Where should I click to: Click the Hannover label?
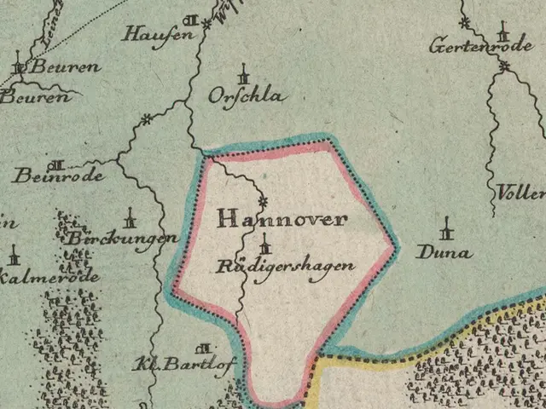click(282, 219)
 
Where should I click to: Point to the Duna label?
click(444, 252)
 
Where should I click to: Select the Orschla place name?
click(247, 96)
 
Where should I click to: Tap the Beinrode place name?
click(58, 176)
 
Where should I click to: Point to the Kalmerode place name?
click(50, 277)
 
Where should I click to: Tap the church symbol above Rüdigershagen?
click(264, 243)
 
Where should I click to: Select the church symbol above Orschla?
click(244, 72)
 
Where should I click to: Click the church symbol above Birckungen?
click(130, 216)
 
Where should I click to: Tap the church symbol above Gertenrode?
click(503, 33)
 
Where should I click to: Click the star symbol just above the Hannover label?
click(263, 201)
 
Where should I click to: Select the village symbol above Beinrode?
click(57, 164)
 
